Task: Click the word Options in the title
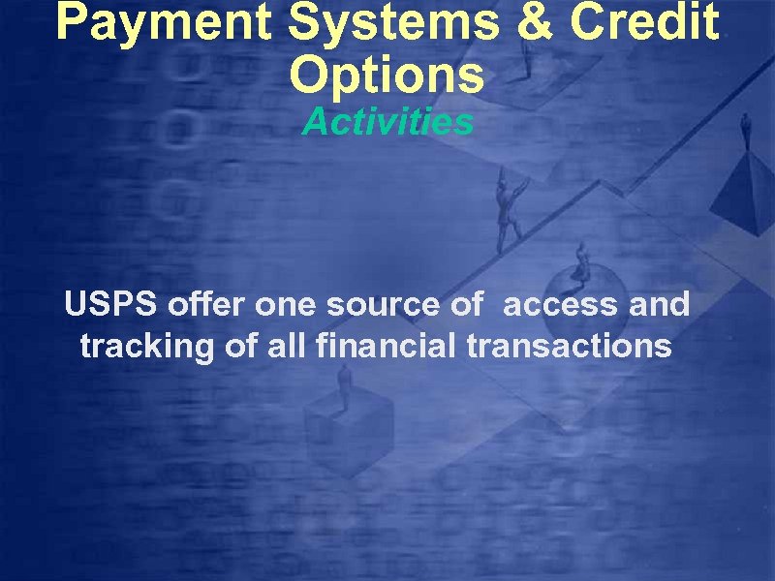click(x=387, y=75)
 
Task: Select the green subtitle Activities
click(x=387, y=123)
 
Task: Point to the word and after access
click(x=659, y=305)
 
